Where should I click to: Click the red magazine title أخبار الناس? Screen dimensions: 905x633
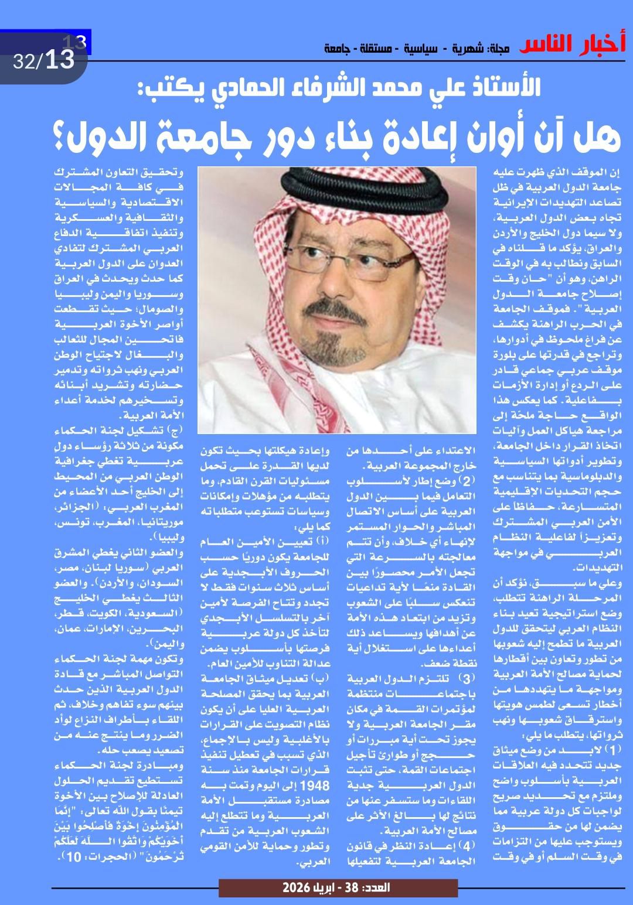click(x=572, y=45)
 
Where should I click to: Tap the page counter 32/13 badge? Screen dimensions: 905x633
click(x=45, y=60)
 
